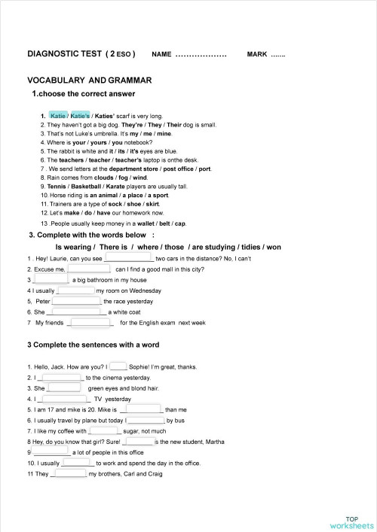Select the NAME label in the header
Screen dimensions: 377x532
coord(161,55)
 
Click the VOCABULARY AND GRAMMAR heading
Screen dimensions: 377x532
coord(90,80)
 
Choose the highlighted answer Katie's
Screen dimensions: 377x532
coord(81,116)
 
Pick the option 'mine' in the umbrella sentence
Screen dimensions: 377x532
coord(163,133)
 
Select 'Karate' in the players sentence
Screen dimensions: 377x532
coord(123,186)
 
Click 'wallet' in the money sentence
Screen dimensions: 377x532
coord(141,223)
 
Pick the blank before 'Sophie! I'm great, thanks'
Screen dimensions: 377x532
coord(119,366)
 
